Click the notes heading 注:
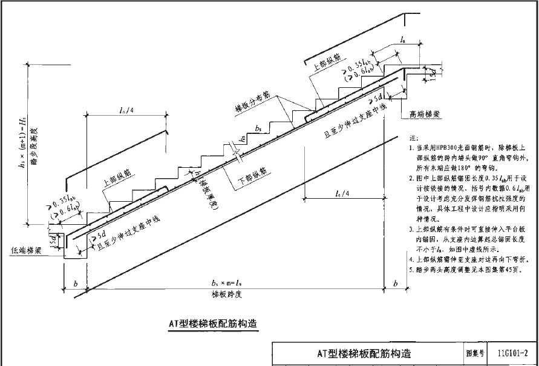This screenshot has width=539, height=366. [413, 139]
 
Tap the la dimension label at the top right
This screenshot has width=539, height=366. [402, 39]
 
